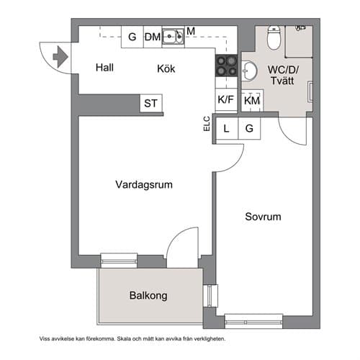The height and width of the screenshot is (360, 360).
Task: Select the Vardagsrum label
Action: (x=144, y=185)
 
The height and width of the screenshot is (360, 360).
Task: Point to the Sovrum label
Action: (x=262, y=217)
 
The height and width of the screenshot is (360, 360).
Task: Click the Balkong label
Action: (x=148, y=295)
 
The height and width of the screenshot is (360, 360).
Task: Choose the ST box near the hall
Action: (x=150, y=104)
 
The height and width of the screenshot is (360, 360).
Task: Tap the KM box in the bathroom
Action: (x=251, y=102)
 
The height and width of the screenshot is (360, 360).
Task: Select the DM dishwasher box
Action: (x=152, y=37)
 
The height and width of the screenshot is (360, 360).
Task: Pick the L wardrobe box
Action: (x=227, y=129)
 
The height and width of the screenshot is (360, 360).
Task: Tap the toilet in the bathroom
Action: (x=274, y=35)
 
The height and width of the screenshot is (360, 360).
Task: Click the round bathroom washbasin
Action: (x=250, y=71)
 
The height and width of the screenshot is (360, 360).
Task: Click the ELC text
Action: (x=206, y=124)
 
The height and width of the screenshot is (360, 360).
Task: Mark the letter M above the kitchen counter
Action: (x=191, y=31)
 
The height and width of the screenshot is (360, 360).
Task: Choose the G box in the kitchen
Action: (x=132, y=37)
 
